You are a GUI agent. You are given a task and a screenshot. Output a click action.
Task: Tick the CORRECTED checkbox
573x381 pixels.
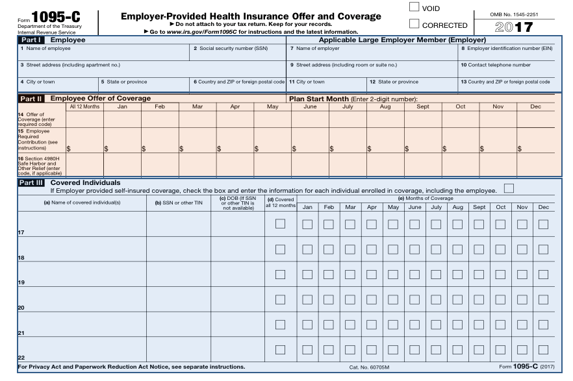click(414, 25)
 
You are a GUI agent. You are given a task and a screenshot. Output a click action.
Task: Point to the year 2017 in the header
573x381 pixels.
click(514, 27)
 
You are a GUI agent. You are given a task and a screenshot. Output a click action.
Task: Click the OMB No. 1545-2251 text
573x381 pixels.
click(514, 14)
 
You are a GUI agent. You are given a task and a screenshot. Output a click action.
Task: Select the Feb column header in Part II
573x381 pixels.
click(160, 106)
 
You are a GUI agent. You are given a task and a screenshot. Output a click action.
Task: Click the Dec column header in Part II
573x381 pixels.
click(536, 106)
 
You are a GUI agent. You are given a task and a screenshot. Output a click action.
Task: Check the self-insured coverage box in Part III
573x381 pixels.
click(509, 189)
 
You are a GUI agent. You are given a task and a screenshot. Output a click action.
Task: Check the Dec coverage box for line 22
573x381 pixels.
click(543, 350)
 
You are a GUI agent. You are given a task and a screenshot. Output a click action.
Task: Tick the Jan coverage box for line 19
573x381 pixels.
click(308, 275)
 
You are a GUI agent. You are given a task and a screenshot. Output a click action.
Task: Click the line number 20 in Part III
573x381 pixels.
click(21, 307)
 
